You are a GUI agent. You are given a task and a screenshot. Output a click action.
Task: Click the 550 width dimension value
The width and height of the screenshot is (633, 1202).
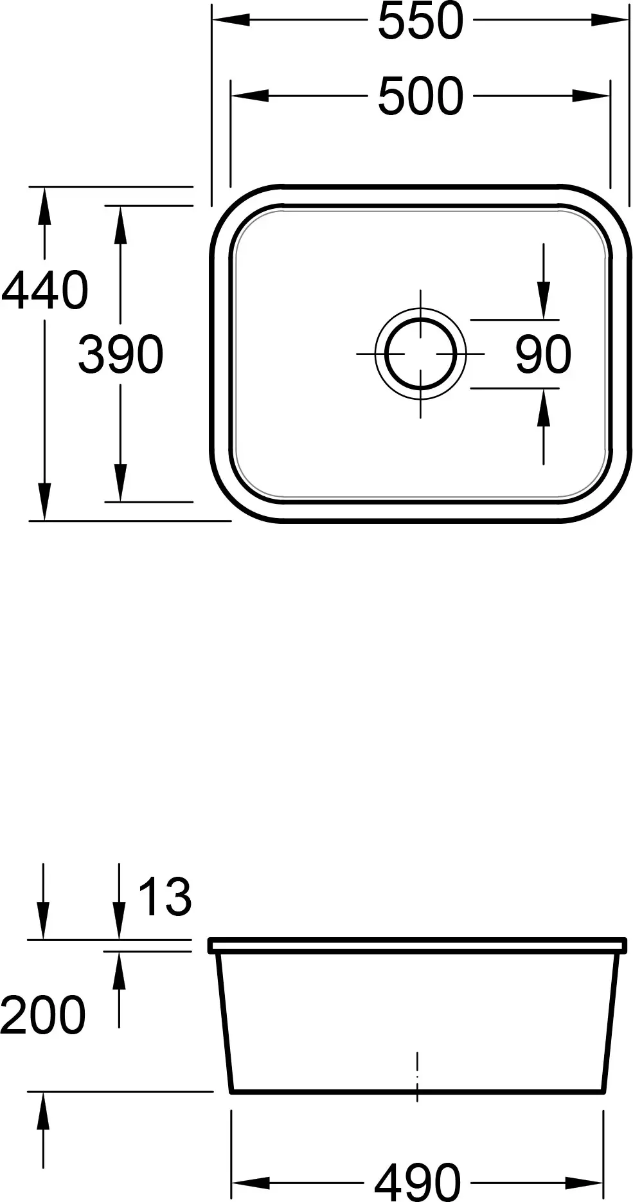click(420, 21)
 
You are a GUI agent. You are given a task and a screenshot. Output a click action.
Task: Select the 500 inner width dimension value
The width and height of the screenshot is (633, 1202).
click(420, 96)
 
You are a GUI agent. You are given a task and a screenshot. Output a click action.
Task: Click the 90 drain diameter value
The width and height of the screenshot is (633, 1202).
click(543, 354)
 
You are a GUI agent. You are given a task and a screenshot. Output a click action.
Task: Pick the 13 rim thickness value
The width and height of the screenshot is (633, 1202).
click(165, 897)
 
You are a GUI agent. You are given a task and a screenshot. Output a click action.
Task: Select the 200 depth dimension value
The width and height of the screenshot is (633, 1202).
click(42, 1015)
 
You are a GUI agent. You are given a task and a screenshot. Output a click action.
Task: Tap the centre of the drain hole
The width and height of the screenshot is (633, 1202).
click(421, 354)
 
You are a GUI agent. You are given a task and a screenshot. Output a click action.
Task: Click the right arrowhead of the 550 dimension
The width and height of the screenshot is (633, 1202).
click(610, 21)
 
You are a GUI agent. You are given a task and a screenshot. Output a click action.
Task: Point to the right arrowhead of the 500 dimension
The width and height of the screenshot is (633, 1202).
click(591, 96)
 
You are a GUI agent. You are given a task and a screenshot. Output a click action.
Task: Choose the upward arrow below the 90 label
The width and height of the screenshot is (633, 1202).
click(544, 408)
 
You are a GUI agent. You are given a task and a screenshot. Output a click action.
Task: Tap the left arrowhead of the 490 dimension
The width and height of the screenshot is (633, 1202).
click(249, 1182)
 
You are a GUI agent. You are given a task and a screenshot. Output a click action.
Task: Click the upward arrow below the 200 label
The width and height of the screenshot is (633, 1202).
click(43, 1109)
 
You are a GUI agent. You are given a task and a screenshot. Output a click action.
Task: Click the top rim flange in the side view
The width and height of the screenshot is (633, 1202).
click(417, 945)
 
